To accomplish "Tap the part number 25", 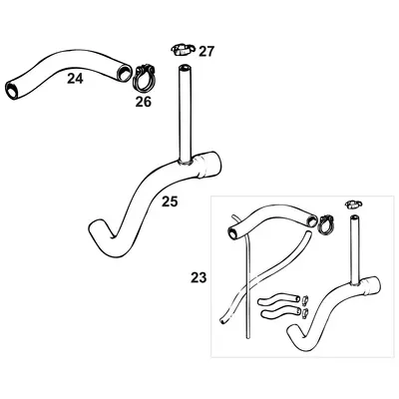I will click(x=170, y=200).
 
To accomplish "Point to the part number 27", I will click(x=206, y=51).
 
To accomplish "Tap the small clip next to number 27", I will click(x=181, y=48).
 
